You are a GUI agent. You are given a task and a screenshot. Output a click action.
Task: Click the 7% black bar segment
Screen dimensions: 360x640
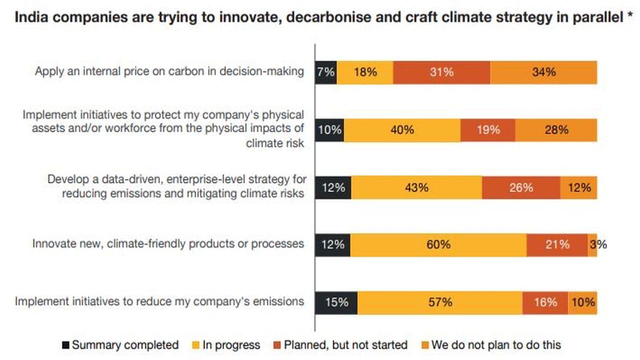point(325,72)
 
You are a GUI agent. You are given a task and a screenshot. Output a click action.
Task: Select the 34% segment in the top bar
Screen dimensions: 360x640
point(543,72)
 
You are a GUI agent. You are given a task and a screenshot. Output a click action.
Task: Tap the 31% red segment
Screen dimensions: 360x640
point(441,72)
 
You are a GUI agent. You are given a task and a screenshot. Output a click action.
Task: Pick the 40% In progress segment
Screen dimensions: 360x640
point(402,130)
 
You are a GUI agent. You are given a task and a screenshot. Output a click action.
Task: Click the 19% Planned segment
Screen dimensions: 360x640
point(487,130)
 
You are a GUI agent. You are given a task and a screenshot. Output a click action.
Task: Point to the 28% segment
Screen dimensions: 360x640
point(556,130)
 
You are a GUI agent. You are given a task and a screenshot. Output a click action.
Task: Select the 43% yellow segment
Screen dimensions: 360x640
point(416,188)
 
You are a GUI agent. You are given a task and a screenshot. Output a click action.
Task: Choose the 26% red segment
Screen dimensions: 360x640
point(521,188)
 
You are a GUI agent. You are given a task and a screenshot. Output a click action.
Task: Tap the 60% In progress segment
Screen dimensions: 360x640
point(438,244)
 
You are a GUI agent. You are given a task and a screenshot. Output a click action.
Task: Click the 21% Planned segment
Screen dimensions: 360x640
point(557,244)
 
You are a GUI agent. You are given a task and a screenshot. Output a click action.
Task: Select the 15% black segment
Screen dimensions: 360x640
point(336,302)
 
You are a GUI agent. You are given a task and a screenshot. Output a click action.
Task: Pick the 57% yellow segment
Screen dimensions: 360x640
point(440,302)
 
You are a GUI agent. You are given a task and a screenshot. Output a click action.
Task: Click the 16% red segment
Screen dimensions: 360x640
point(545,302)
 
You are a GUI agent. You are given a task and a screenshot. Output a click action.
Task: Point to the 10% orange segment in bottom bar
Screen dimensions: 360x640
point(582,302)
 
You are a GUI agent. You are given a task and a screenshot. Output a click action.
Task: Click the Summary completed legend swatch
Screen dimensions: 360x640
point(65,345)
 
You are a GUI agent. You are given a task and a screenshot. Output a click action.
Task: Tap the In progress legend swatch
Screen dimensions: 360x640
point(196,345)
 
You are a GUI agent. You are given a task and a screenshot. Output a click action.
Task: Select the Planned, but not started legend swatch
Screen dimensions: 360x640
point(277,345)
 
